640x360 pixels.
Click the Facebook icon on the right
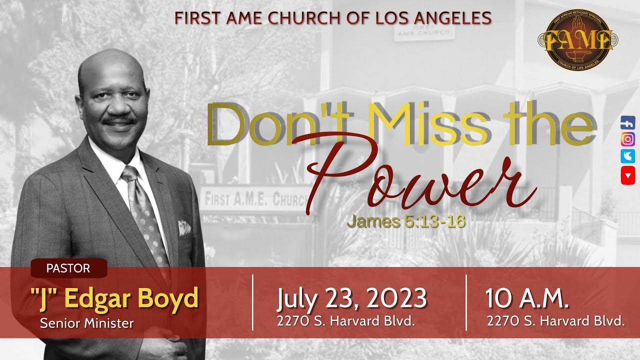[628, 122]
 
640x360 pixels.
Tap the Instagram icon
[628, 139]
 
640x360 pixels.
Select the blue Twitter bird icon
[628, 156]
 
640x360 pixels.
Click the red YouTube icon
[628, 175]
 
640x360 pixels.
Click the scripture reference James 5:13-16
[406, 221]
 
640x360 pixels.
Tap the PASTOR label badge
[68, 268]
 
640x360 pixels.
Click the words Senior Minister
[87, 323]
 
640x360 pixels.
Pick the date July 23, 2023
[351, 298]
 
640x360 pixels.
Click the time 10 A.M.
[527, 298]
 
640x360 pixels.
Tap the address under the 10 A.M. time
[555, 321]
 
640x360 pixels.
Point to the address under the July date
[346, 321]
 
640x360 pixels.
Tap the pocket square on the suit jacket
[184, 229]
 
